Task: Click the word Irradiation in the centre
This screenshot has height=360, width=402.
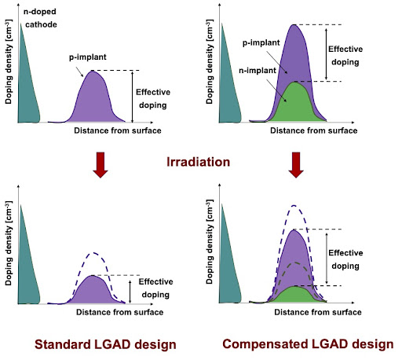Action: pos(199,162)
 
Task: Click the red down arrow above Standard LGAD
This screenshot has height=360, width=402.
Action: pos(100,165)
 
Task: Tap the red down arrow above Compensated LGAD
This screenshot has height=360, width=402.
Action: pos(296,165)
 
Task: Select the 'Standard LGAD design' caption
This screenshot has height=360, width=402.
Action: pos(105,344)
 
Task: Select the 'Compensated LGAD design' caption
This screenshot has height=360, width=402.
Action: pos(308,344)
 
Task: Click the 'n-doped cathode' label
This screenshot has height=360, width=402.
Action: pos(40,18)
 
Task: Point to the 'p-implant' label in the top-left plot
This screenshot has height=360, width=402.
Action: pos(88,57)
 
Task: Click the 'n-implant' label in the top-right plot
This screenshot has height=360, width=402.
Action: pos(258,71)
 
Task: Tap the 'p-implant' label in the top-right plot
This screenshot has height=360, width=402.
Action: pos(261,42)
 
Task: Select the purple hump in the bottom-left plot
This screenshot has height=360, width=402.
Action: pos(92,291)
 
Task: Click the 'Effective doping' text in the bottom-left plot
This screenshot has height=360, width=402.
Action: pos(155,288)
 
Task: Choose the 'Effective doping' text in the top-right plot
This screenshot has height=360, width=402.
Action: pos(345,56)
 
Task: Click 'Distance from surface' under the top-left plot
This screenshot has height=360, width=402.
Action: pos(118,130)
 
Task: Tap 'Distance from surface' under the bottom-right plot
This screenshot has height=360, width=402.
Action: pos(318,312)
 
